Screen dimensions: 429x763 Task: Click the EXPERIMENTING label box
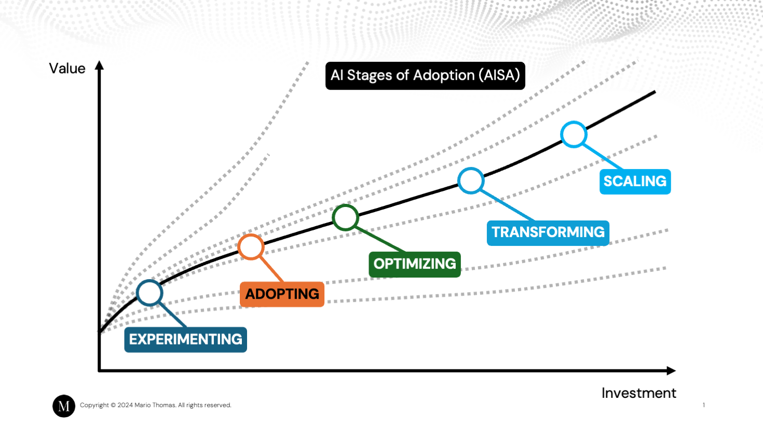coord(185,339)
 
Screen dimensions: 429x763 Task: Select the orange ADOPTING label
coord(282,294)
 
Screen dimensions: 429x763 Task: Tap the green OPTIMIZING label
coord(414,264)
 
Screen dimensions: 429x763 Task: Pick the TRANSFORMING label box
coord(548,232)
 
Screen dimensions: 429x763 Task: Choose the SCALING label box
coord(635,182)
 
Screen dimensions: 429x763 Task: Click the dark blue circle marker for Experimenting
coord(149,293)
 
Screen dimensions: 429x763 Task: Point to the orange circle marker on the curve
coord(251,247)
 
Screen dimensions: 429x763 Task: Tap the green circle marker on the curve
coord(345,217)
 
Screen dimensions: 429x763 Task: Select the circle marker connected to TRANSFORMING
coord(471,181)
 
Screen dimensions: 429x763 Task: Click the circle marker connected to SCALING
coord(574,134)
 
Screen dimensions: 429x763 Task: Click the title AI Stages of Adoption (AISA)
coord(425,76)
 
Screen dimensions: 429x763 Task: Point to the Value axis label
coord(67,68)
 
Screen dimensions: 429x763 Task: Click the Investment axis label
coord(638,393)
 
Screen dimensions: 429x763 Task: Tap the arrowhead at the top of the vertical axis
coord(99,65)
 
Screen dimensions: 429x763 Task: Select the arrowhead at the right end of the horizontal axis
coord(671,370)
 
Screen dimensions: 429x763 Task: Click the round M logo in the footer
coord(64,406)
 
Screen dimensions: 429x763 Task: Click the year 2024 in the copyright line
coord(125,405)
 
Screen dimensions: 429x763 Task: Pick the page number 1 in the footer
coord(704,405)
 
